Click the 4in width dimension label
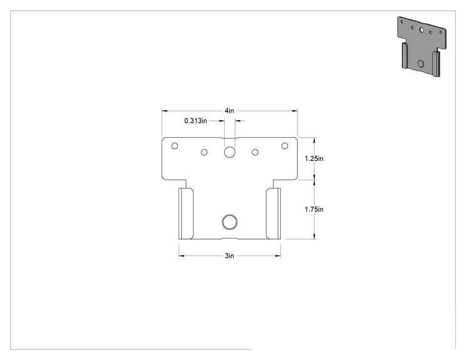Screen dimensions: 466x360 229,111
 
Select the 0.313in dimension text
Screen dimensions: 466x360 195,121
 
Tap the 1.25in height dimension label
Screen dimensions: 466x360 314,158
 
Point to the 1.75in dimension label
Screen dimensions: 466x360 314,209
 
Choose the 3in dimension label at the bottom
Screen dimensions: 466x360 229,255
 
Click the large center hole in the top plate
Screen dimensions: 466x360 229,152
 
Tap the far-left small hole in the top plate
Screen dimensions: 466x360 175,146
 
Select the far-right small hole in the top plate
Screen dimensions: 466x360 285,146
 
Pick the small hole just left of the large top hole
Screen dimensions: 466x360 204,152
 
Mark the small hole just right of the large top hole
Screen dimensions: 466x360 255,152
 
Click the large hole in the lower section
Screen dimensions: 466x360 229,222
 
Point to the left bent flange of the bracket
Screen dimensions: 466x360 186,213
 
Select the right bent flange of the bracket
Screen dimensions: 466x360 273,213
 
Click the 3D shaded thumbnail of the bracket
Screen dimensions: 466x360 422,47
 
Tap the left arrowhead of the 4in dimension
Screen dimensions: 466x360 164,111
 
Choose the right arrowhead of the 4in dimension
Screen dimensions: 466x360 295,111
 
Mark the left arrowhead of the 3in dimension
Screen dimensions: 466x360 181,255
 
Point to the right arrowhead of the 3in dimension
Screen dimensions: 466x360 278,255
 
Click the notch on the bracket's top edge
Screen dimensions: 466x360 229,138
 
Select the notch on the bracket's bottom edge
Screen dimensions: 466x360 229,239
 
